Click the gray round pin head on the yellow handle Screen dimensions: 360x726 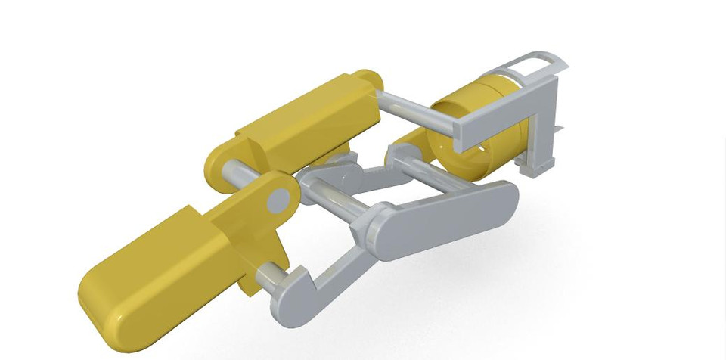279,200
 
